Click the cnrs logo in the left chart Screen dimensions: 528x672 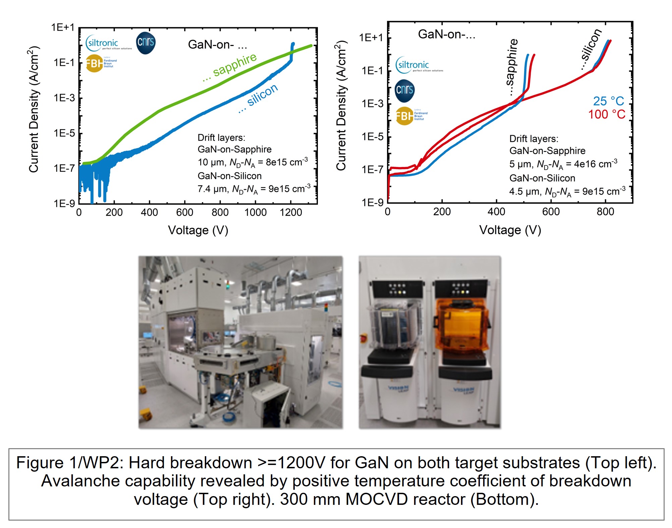pyautogui.click(x=146, y=43)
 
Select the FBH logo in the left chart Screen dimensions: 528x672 pyautogui.click(x=95, y=63)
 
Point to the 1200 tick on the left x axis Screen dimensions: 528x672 pyautogui.click(x=291, y=212)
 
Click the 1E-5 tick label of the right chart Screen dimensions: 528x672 pyautogui.click(x=372, y=137)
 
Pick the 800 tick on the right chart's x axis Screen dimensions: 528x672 pyautogui.click(x=605, y=212)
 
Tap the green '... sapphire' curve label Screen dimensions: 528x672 pyautogui.click(x=230, y=67)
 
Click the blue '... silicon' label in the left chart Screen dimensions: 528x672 pyautogui.click(x=259, y=98)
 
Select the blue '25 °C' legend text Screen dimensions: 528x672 pyautogui.click(x=608, y=101)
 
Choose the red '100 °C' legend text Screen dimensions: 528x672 pyautogui.click(x=607, y=115)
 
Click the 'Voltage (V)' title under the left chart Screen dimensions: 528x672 pyautogui.click(x=198, y=230)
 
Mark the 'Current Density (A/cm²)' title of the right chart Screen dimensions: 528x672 pyautogui.click(x=341, y=106)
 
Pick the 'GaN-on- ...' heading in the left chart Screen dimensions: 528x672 pyautogui.click(x=217, y=45)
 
